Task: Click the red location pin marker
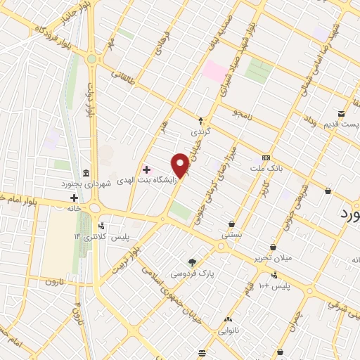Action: (181, 165)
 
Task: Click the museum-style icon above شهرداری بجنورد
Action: (86, 173)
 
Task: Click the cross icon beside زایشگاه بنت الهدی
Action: (146, 169)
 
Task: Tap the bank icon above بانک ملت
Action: (266, 157)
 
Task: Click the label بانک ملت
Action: (266, 168)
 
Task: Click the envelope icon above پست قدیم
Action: (341, 114)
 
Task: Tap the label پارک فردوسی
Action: (192, 272)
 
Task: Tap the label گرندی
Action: (200, 131)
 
